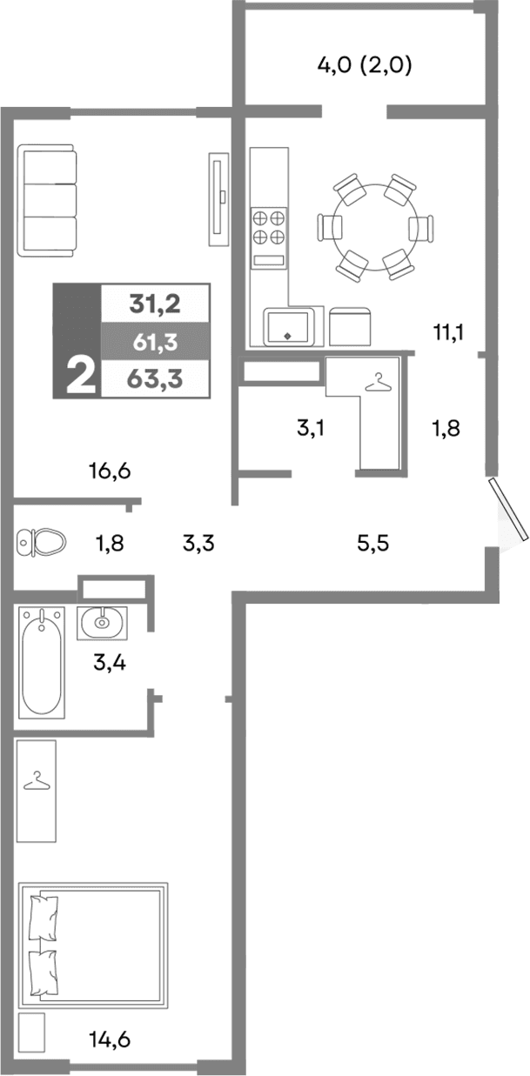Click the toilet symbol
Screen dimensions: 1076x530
coord(42,543)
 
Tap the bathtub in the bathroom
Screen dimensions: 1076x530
coord(42,662)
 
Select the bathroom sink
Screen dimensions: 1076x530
coord(103,622)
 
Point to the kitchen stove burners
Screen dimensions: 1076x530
coord(269,226)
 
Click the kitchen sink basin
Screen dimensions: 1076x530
coord(288,326)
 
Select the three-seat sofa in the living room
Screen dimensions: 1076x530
coord(50,200)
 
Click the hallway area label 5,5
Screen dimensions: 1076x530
coord(372,545)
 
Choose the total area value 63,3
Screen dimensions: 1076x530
coord(154,379)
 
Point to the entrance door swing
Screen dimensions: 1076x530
coord(509,513)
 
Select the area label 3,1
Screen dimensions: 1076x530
coord(311,428)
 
